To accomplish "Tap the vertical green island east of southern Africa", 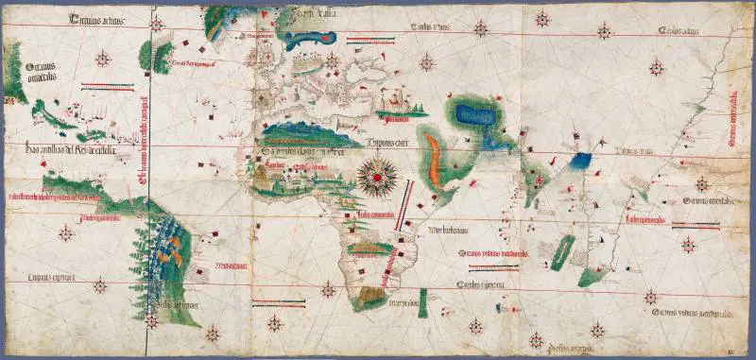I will click(423, 301).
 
